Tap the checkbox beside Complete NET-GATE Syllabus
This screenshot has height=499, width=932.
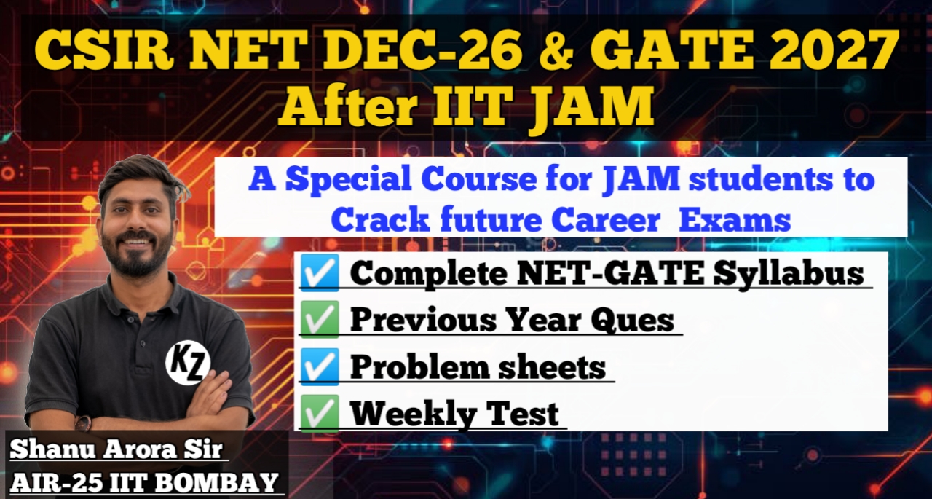(x=319, y=274)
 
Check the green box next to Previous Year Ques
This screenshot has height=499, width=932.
(x=319, y=320)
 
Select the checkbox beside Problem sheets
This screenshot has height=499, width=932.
(x=319, y=366)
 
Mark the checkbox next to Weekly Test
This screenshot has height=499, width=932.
(x=319, y=413)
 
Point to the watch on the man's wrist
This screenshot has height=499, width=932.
(x=83, y=423)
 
